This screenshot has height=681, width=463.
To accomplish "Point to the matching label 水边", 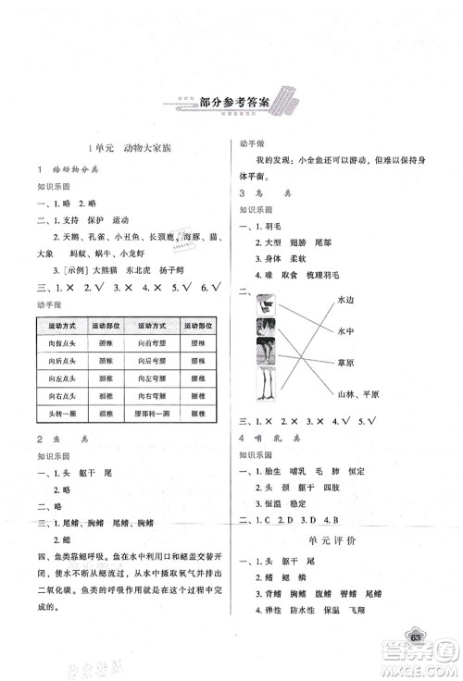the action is [x=347, y=299].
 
